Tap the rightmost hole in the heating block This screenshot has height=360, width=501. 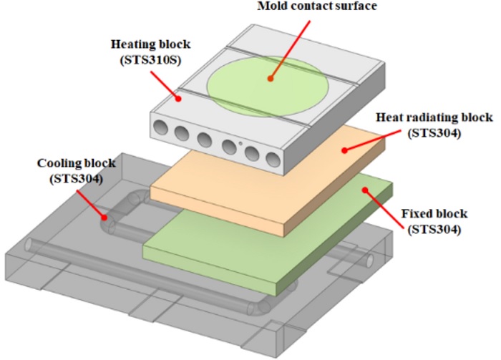(x=275, y=159)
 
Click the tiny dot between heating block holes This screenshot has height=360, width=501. (x=241, y=144)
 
